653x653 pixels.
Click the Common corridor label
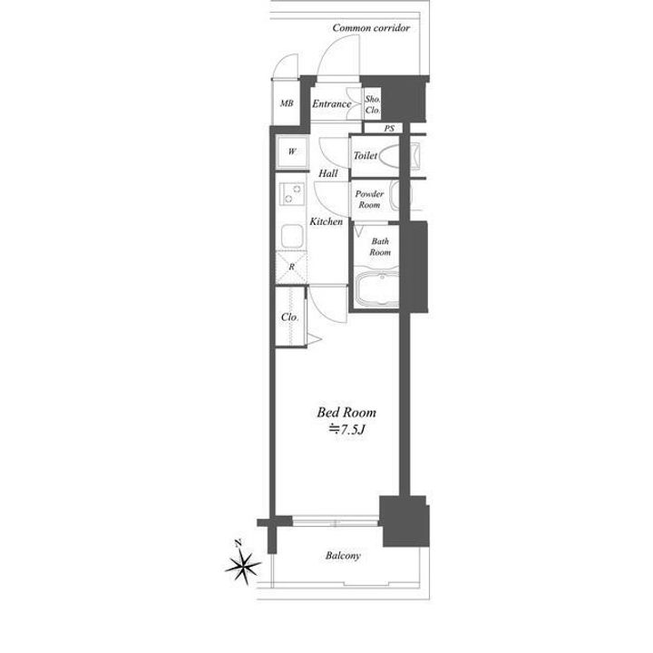click(x=371, y=28)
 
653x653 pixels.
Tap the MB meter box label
click(x=287, y=102)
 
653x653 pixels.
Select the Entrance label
click(x=332, y=103)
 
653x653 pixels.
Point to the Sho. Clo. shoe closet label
click(x=373, y=104)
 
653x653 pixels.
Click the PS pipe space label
click(x=389, y=128)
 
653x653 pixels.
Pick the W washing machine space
click(x=292, y=151)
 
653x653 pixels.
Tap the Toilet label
click(x=365, y=156)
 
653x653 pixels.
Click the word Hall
click(x=328, y=173)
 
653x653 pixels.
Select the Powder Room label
click(x=369, y=199)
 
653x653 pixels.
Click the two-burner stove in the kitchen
click(x=291, y=194)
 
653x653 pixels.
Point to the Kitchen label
click(x=326, y=221)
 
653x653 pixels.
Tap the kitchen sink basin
click(x=292, y=236)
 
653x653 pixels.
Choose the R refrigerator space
click(x=291, y=267)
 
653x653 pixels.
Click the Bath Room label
click(x=380, y=247)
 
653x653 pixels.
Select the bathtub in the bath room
click(x=377, y=288)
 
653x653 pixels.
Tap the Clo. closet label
click(x=290, y=317)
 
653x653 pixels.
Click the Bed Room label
click(x=346, y=413)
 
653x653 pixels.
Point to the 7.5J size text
click(x=346, y=429)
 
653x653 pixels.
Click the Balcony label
click(x=343, y=556)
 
